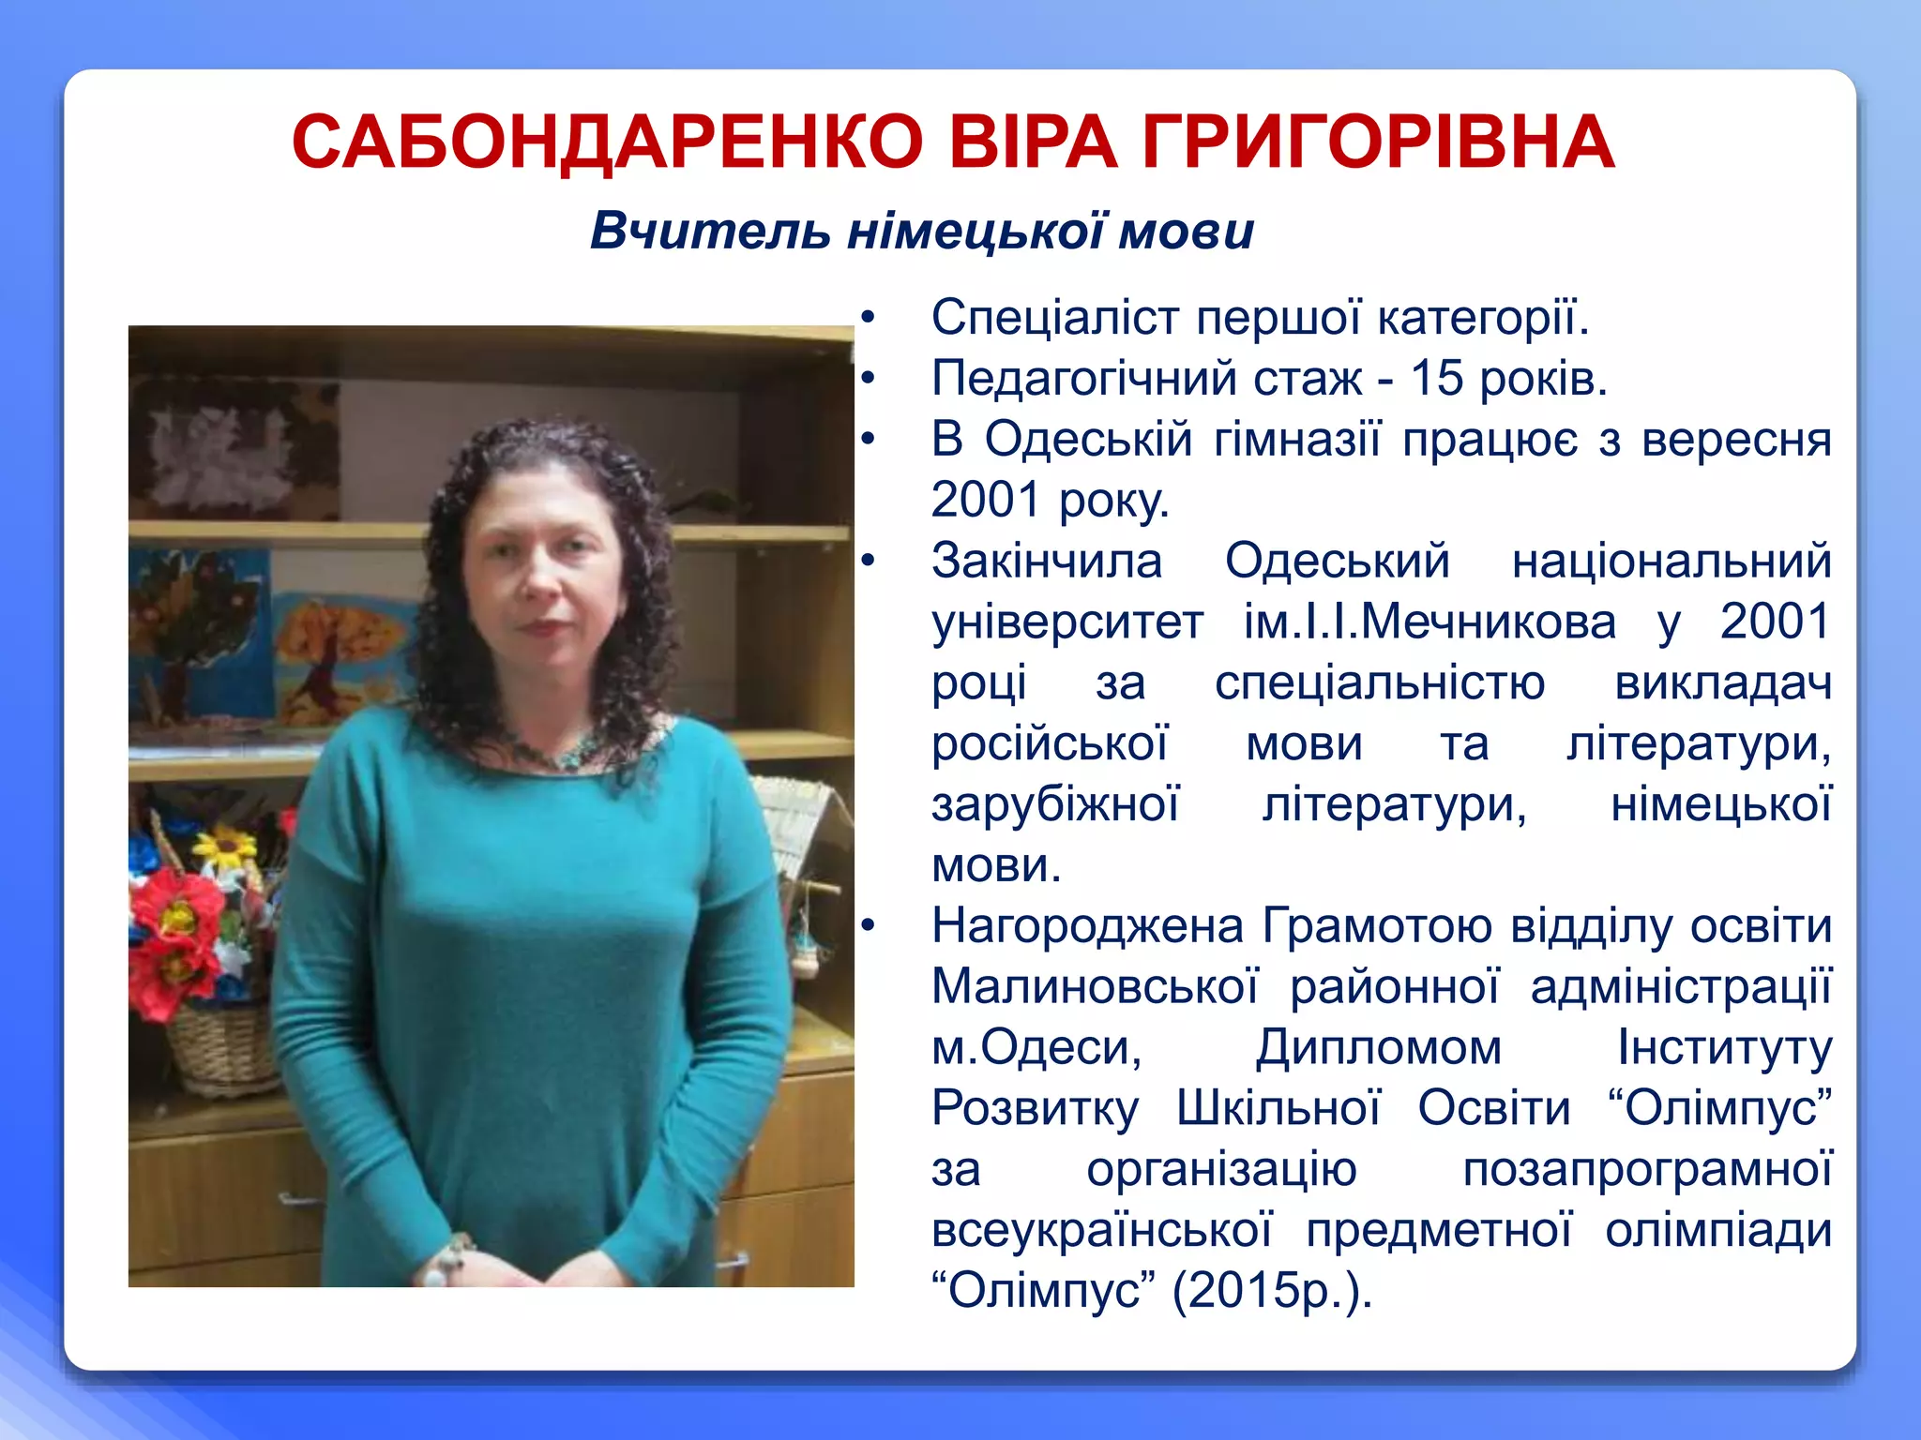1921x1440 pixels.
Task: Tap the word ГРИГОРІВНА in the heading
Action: pyautogui.click(x=1379, y=142)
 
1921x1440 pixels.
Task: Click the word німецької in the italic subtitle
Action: pyautogui.click(x=976, y=231)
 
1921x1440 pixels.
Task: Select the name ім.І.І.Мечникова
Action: pyautogui.click(x=1429, y=622)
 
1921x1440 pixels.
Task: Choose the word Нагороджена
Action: pyautogui.click(x=1088, y=926)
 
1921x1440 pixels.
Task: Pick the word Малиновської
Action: pyautogui.click(x=1095, y=986)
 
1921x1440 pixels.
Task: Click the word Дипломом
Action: pyautogui.click(x=1379, y=1047)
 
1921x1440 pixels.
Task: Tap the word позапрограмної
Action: pyautogui.click(x=1647, y=1169)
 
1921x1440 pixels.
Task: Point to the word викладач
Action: pyautogui.click(x=1723, y=682)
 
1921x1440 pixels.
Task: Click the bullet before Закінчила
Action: pyautogui.click(x=869, y=561)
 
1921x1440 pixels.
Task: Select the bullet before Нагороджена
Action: pyautogui.click(x=869, y=926)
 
